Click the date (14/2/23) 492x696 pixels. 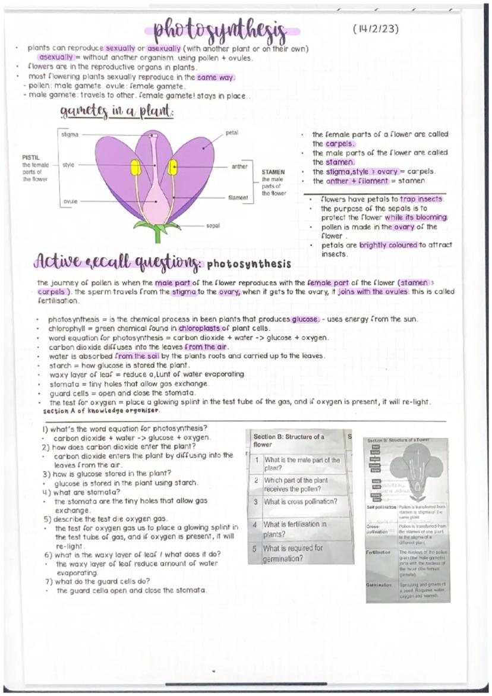coord(375,29)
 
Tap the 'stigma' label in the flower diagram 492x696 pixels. coord(70,135)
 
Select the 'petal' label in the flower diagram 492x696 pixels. coord(232,132)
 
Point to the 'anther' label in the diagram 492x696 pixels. coord(239,167)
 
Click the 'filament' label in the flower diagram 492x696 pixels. coord(238,197)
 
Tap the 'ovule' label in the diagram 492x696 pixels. coord(70,201)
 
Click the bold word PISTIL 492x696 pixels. coord(30,158)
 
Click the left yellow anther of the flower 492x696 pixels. coord(135,167)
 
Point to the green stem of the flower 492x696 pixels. coord(157,234)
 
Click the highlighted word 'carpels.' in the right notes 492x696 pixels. coord(340,144)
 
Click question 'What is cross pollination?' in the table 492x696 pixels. coord(300,502)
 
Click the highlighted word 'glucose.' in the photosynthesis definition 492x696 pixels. coord(305,319)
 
